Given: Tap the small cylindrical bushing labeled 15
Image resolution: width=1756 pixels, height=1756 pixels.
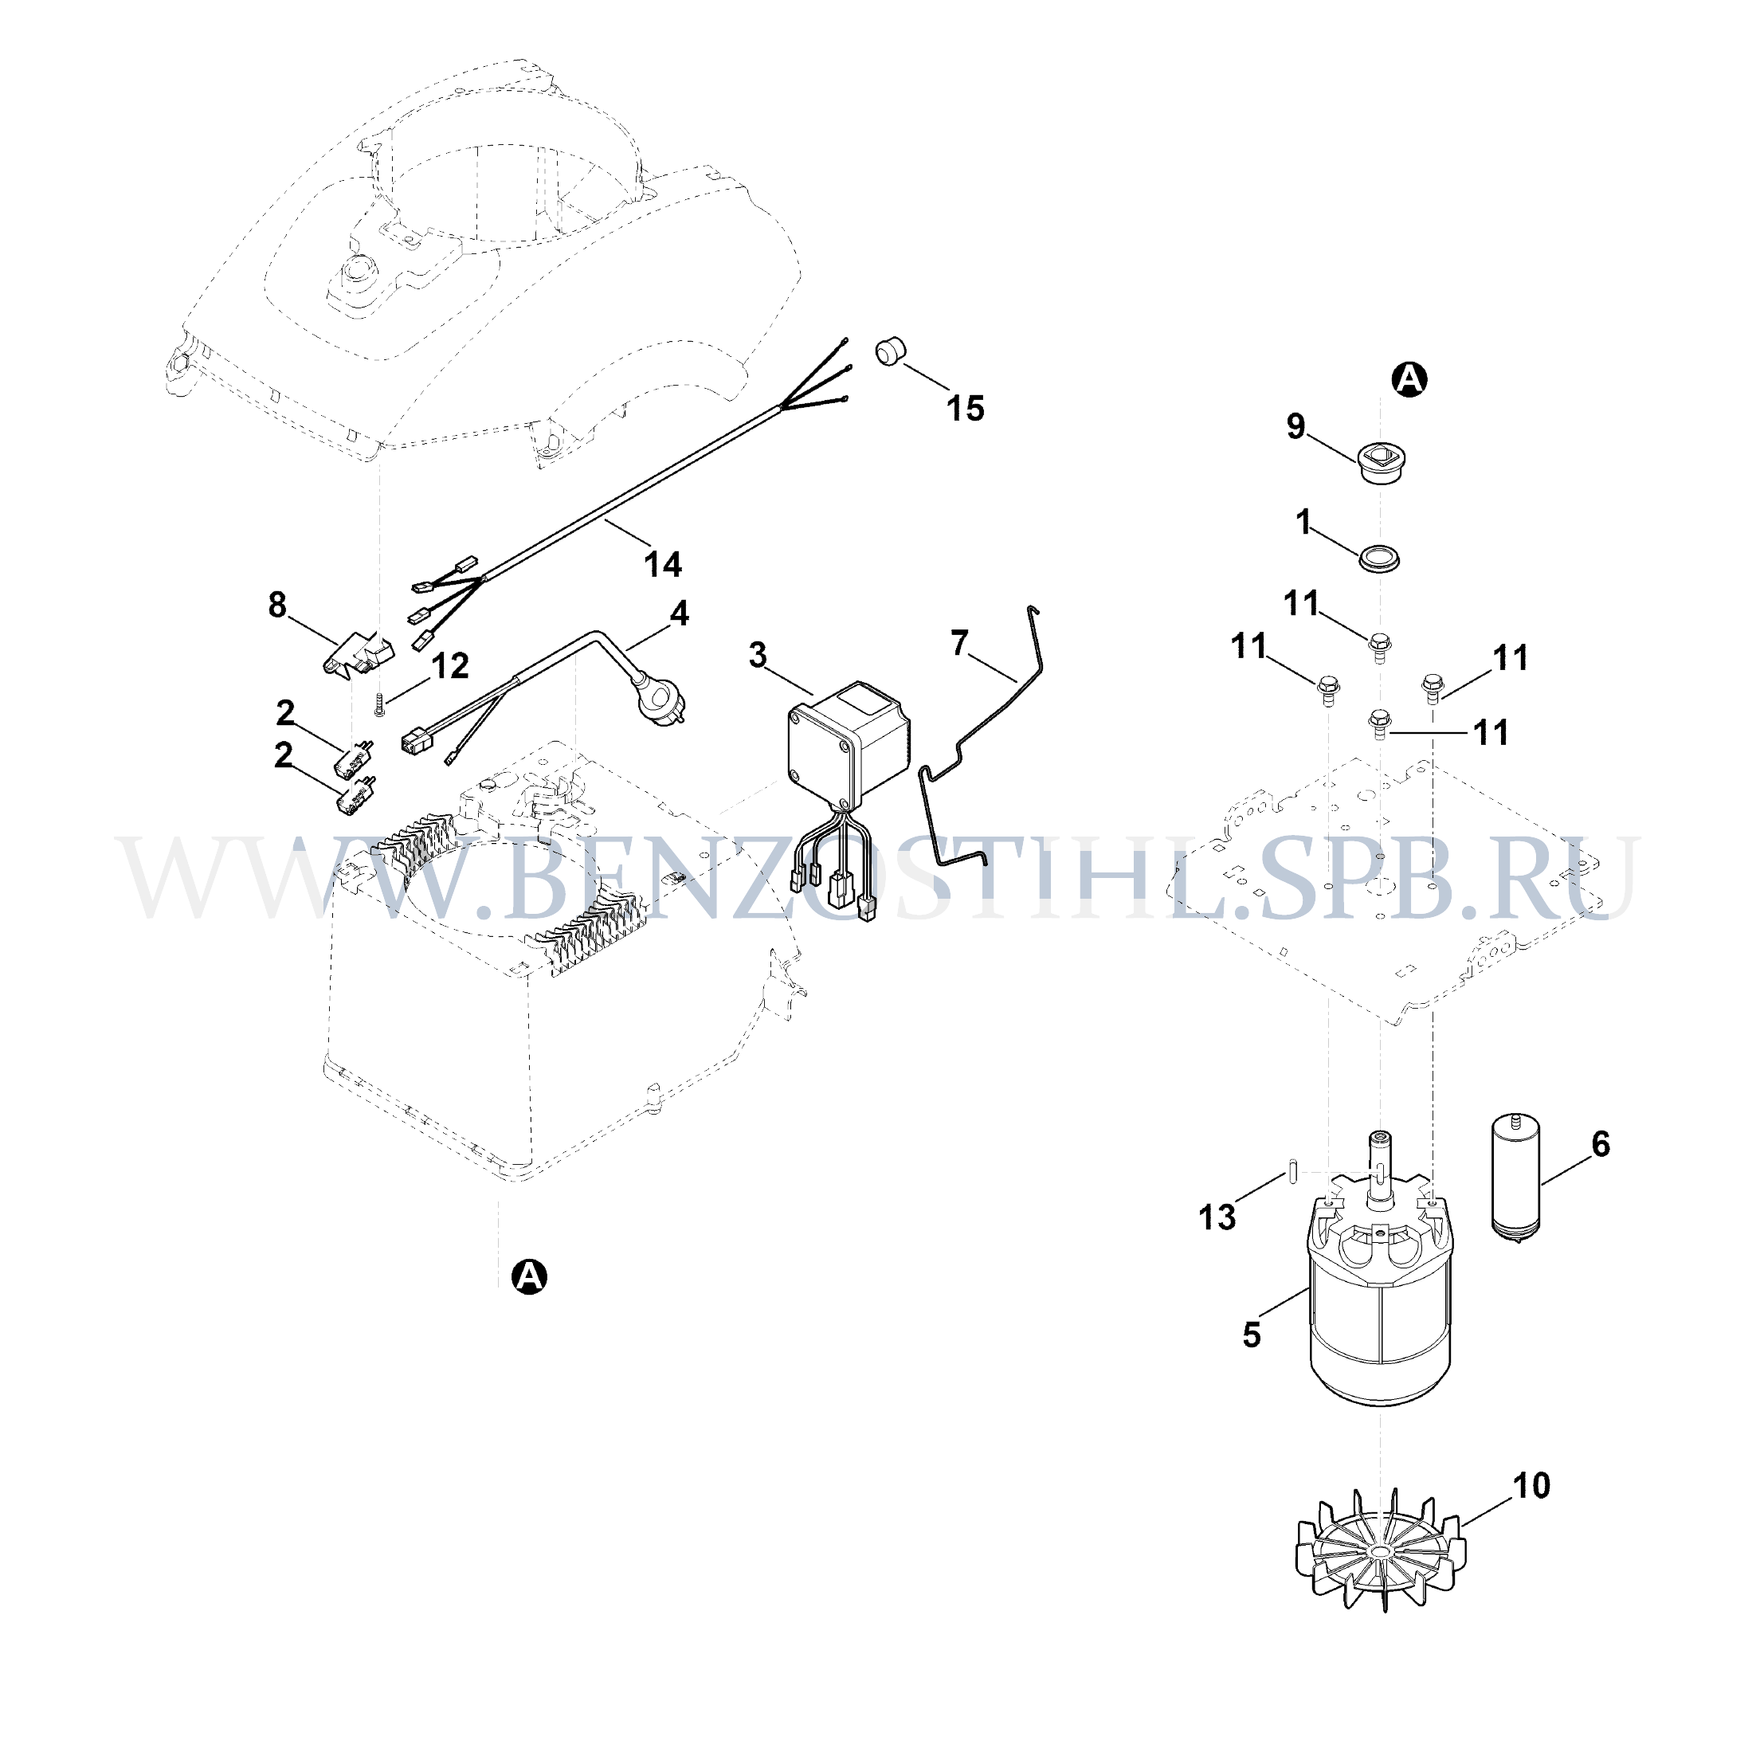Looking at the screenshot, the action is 891,351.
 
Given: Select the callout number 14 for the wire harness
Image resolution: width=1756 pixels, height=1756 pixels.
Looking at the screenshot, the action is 663,564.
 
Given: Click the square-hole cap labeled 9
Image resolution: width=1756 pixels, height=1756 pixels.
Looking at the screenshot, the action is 1381,463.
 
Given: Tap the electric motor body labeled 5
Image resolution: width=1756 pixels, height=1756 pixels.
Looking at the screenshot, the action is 1381,1291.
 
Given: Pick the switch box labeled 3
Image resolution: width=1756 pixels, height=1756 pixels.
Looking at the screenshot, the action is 847,745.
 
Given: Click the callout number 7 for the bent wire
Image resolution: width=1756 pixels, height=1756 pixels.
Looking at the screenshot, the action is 960,644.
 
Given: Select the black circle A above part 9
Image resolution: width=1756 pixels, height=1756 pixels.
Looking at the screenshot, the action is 1409,379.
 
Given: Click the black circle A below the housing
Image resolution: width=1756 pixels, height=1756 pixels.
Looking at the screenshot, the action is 529,1277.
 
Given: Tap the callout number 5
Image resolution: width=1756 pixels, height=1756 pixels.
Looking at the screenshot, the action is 1252,1335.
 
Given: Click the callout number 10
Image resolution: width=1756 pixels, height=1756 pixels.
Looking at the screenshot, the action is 1531,1486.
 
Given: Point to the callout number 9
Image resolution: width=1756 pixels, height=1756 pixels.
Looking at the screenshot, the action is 1296,425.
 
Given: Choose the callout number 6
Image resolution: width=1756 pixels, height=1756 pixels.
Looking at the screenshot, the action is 1601,1144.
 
